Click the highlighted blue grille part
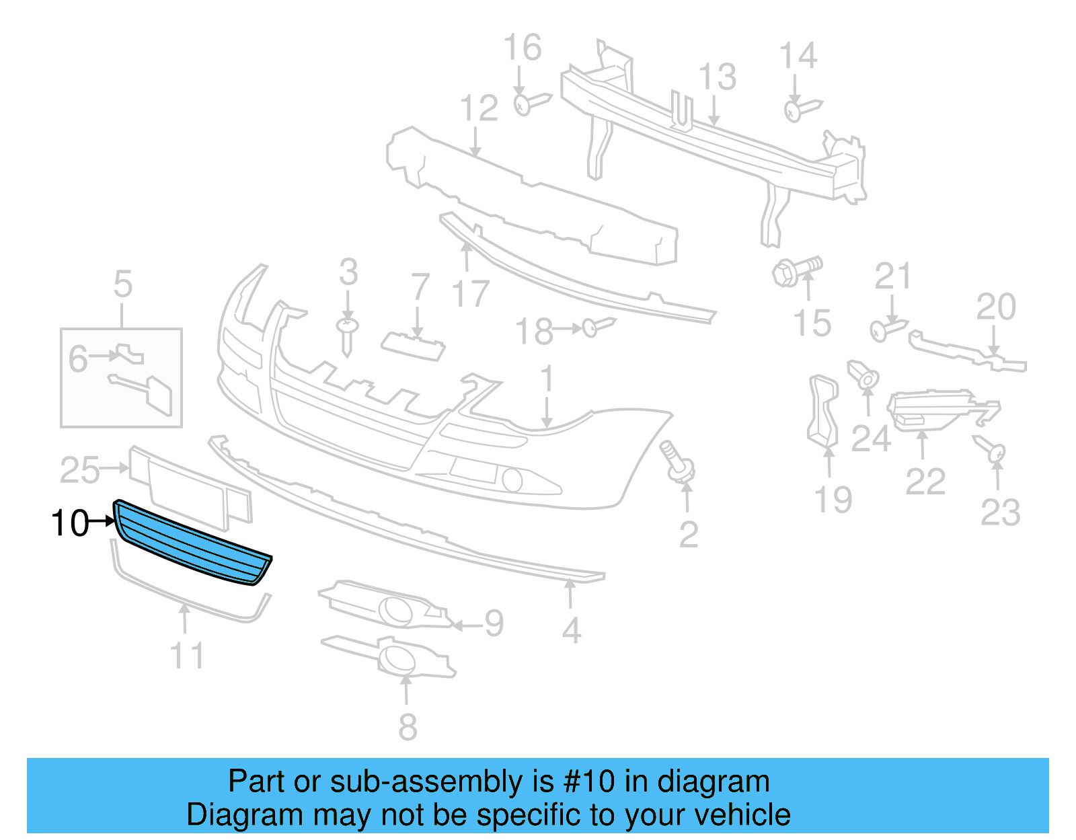(x=192, y=545)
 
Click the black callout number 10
(x=70, y=523)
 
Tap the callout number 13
(x=717, y=77)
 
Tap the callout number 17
(x=470, y=294)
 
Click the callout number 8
(x=408, y=727)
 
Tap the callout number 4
(x=571, y=631)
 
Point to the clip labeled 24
(x=864, y=376)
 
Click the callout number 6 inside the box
(x=78, y=358)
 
